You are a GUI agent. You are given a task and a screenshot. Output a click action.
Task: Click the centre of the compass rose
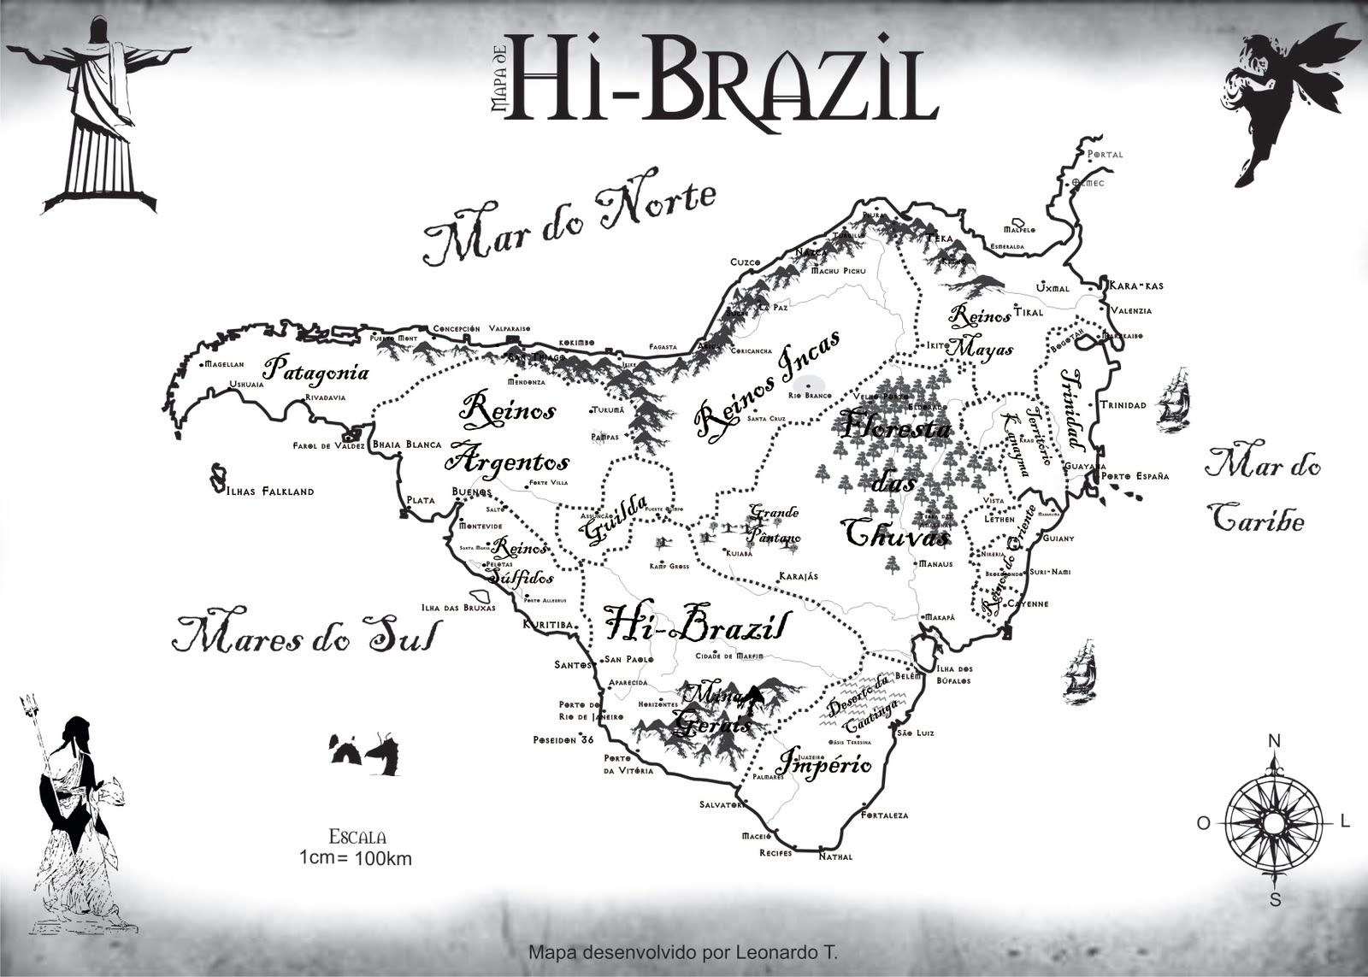coord(1273,824)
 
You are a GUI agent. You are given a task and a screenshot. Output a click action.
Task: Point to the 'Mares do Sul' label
coord(304,634)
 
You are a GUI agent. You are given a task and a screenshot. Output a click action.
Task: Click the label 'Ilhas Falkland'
coord(270,491)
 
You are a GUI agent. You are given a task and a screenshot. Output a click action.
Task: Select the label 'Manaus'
coord(935,564)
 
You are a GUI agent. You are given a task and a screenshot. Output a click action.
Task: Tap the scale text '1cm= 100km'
coord(356,857)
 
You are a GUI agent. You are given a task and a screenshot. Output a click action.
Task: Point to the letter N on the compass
coord(1273,740)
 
